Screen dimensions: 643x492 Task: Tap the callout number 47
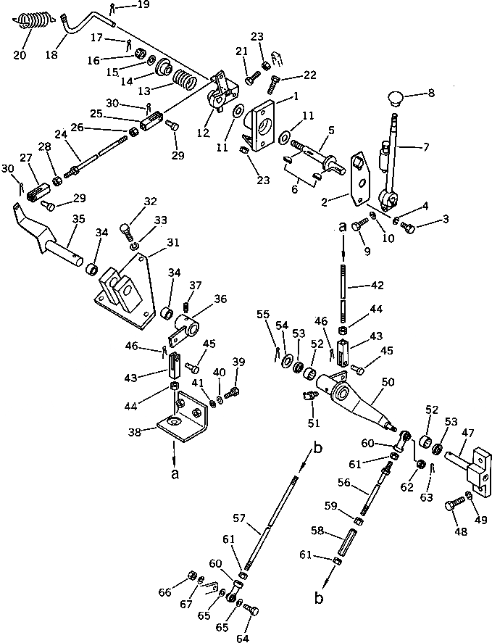coord(467,432)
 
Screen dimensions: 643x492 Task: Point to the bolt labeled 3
coord(407,229)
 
